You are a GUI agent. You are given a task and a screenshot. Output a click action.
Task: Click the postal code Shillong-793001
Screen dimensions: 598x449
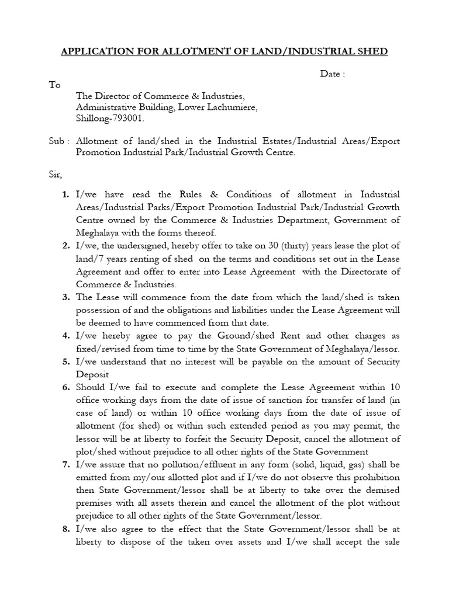pos(110,119)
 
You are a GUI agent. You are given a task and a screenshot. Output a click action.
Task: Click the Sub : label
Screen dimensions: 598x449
pos(58,141)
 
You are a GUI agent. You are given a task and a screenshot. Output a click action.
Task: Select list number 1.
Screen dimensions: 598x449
pos(66,194)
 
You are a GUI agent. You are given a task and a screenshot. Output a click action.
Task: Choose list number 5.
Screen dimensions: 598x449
pos(66,363)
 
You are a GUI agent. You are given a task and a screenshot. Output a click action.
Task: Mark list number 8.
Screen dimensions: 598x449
pos(66,530)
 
